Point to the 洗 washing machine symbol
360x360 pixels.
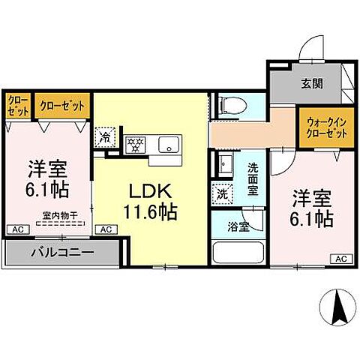223,193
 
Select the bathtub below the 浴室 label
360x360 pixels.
239,251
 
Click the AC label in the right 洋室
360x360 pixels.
338,259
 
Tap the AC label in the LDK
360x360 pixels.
106,229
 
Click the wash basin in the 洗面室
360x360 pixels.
223,161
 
